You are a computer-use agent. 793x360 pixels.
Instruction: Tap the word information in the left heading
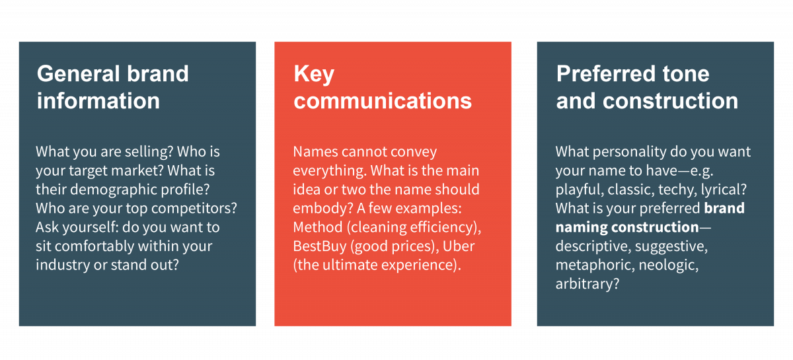98,100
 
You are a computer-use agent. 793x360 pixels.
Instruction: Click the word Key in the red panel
314,73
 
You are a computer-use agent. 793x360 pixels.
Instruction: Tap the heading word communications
383,100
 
